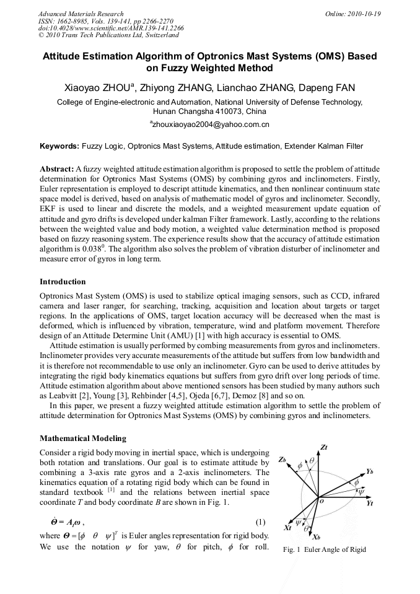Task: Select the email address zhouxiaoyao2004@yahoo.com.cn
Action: (209, 125)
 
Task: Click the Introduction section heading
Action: (63, 282)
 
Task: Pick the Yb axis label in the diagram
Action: (369, 471)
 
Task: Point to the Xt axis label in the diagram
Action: (288, 528)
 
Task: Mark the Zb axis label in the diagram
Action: (282, 460)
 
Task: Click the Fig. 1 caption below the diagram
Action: (324, 550)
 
